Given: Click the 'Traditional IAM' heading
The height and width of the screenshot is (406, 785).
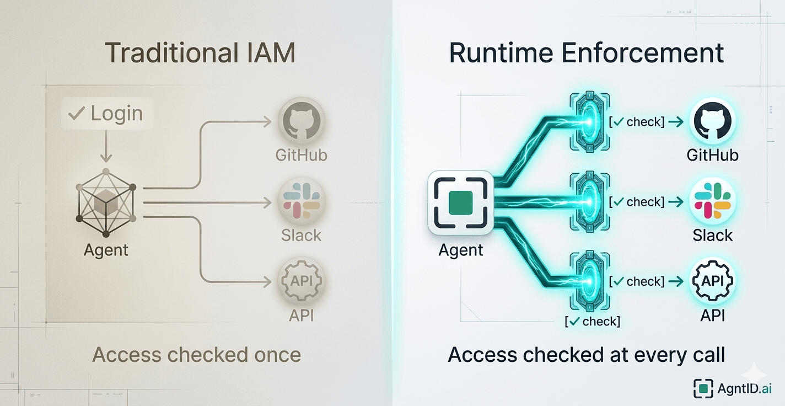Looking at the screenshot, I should click(200, 54).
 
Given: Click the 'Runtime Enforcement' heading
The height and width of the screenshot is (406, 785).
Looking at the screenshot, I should click(587, 54).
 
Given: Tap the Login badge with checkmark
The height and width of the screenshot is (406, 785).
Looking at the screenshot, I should click(107, 114).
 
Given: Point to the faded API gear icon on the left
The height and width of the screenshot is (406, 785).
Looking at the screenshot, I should click(301, 281).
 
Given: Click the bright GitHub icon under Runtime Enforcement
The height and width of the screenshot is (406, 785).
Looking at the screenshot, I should click(712, 121).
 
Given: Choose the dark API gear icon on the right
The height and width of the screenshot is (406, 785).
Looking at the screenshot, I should click(712, 281).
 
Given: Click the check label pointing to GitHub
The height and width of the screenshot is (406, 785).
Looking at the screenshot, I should click(636, 122).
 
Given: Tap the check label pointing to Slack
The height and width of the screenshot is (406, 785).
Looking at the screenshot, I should click(636, 202).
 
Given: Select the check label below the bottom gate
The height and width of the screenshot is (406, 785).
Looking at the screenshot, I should click(593, 321).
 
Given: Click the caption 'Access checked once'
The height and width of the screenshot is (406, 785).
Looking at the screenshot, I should click(197, 355).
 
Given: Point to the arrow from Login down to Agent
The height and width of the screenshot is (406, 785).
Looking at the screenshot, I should click(106, 147).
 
